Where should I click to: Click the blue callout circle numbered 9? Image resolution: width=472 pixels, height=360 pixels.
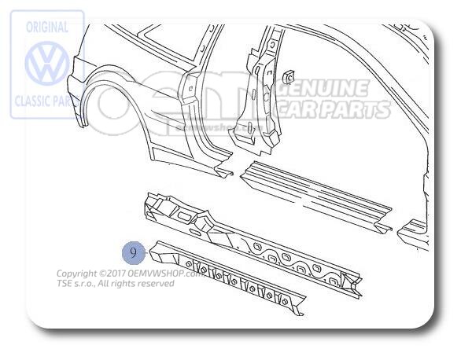tap(134, 253)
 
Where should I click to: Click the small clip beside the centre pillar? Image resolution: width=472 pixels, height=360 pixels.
tap(288, 77)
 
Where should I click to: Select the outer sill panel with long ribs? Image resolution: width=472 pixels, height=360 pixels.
tap(315, 192)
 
